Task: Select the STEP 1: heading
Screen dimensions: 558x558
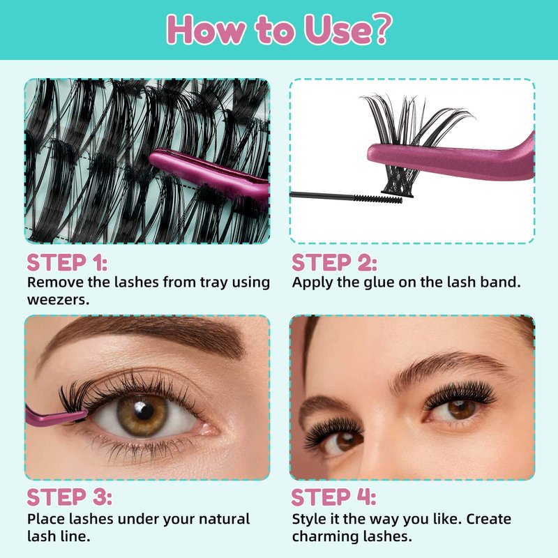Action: (67, 263)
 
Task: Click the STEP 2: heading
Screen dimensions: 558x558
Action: (334, 263)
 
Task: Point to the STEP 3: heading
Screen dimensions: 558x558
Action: (69, 497)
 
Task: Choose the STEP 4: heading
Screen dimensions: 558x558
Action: (333, 497)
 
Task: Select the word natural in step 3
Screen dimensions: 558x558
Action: (224, 519)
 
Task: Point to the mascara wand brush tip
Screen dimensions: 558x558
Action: (378, 199)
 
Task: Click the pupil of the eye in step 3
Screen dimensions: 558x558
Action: (144, 411)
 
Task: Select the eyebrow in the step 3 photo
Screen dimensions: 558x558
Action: (142, 338)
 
